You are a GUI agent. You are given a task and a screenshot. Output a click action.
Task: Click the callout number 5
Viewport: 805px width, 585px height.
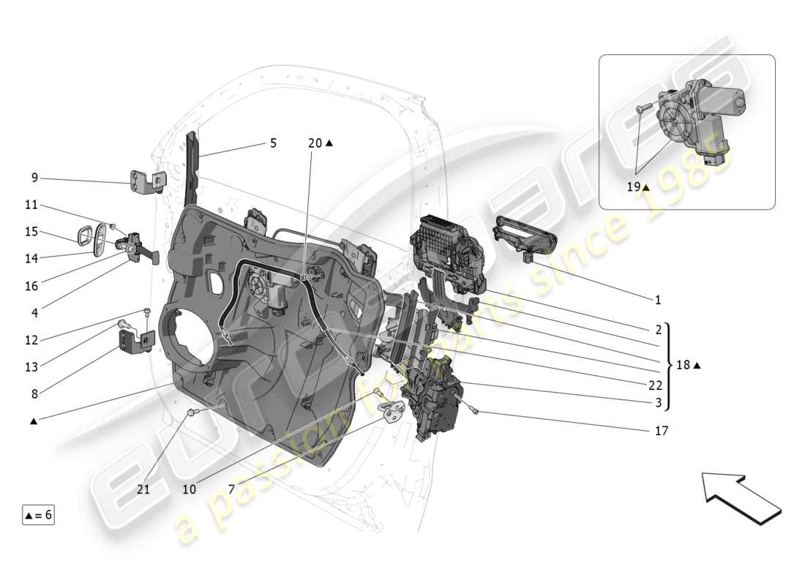click(273, 143)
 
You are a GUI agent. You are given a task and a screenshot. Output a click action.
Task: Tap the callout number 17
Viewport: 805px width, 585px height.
click(661, 431)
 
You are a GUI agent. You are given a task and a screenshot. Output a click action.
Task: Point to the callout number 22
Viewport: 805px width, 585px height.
click(656, 385)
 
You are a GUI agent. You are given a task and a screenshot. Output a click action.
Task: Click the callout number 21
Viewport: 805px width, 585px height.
click(143, 489)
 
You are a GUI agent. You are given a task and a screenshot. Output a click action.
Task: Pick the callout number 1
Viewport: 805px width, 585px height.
click(657, 300)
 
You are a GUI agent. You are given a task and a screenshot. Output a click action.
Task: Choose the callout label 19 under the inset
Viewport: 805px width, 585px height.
click(633, 187)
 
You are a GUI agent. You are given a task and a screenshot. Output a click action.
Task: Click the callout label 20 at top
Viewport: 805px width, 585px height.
click(315, 143)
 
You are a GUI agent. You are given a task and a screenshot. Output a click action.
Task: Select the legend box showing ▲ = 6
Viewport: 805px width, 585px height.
click(38, 515)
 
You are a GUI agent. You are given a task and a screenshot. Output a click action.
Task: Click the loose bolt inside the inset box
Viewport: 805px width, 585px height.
click(643, 108)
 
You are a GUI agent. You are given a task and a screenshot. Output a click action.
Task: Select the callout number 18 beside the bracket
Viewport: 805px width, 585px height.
click(683, 365)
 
